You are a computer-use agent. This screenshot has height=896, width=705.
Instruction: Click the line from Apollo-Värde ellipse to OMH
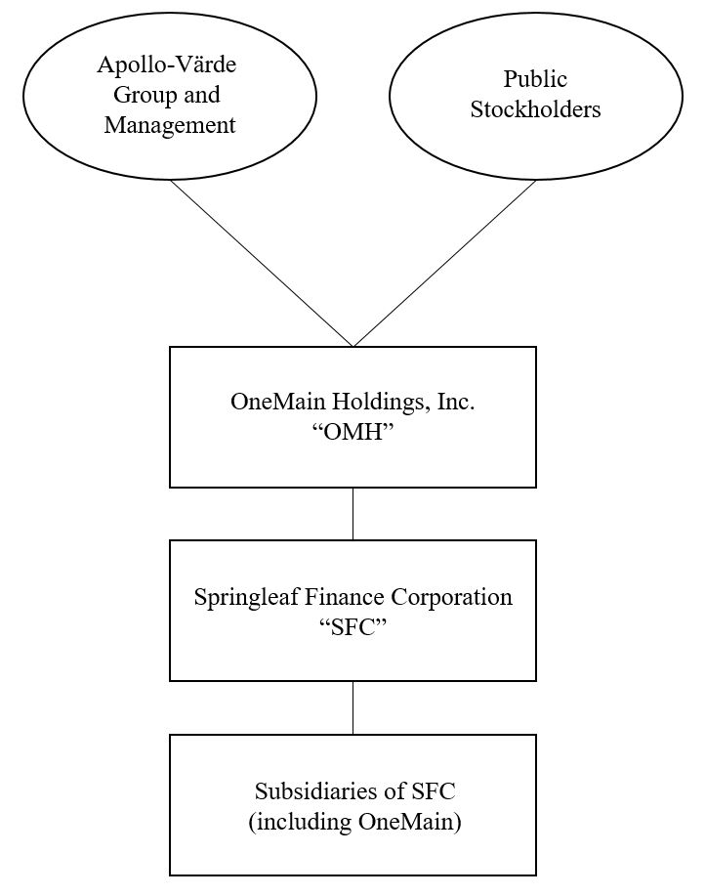pyautogui.click(x=262, y=263)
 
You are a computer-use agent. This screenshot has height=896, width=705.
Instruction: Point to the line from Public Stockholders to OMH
pyautogui.click(x=444, y=263)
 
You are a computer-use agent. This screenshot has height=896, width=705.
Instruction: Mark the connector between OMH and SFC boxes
pyautogui.click(x=352, y=514)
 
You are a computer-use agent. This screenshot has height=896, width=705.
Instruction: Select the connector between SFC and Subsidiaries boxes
pyautogui.click(x=352, y=707)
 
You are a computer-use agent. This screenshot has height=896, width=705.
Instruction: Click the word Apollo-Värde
pyautogui.click(x=167, y=66)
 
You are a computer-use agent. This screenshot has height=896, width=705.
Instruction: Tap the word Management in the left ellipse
pyautogui.click(x=170, y=125)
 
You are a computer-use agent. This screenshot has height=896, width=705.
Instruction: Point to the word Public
pyautogui.click(x=535, y=79)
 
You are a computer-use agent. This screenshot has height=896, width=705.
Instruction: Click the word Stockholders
pyautogui.click(x=535, y=108)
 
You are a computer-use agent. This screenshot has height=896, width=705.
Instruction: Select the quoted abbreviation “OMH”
pyautogui.click(x=352, y=431)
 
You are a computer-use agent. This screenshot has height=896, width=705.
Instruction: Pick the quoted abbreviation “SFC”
pyautogui.click(x=352, y=625)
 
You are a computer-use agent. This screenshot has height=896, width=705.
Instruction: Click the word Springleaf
pyautogui.click(x=241, y=597)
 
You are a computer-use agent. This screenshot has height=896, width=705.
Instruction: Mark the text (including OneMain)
pyautogui.click(x=354, y=821)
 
